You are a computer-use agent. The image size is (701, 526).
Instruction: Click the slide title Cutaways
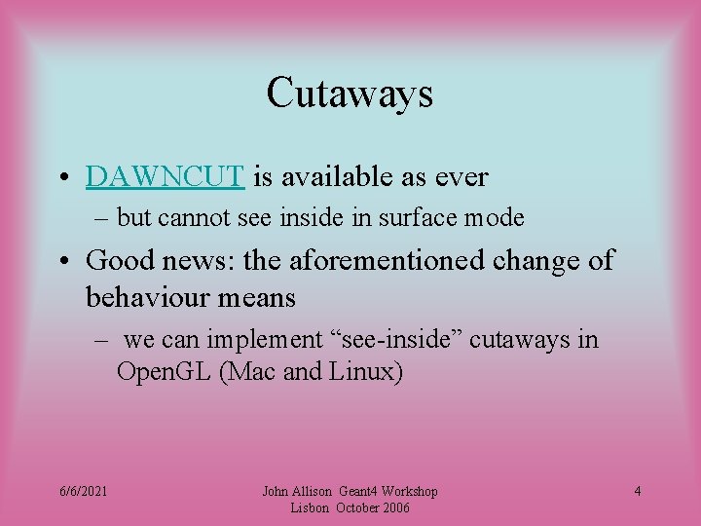click(350, 94)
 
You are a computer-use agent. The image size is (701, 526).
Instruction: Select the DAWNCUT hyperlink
click(165, 176)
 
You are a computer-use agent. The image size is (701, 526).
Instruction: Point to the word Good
click(119, 260)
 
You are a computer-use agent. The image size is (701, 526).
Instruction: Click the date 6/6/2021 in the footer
click(84, 491)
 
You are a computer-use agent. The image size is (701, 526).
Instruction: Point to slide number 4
click(637, 491)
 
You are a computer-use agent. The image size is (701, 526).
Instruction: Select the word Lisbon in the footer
click(311, 507)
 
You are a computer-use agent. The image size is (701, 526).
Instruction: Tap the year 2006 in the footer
click(393, 507)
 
